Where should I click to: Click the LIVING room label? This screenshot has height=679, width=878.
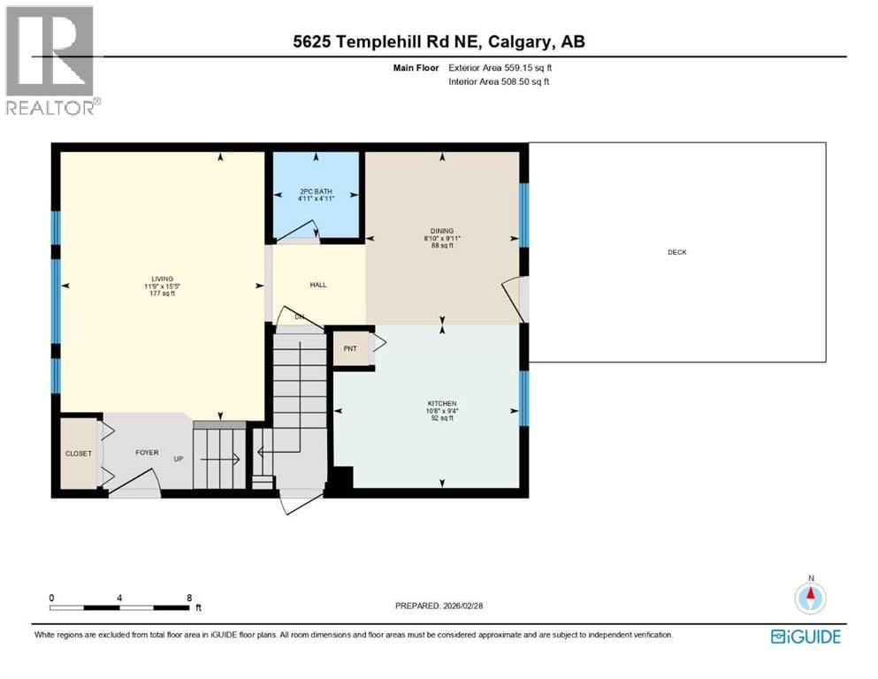pos(162,278)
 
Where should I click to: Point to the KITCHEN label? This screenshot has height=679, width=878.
pos(442,403)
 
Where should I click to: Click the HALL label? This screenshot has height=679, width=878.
pos(318,286)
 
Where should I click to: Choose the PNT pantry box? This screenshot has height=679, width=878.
pos(350,348)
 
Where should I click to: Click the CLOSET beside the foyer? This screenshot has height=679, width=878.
pos(78,454)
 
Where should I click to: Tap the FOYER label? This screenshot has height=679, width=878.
pos(147,453)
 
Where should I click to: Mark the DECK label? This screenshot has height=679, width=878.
pos(677,253)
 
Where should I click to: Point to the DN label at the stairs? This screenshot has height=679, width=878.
pos(299,317)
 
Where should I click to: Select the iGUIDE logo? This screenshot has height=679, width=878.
pos(805,637)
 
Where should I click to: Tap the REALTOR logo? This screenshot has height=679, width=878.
pos(52,62)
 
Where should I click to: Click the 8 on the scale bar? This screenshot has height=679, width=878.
pos(188,598)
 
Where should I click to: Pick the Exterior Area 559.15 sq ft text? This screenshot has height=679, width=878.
pos(501,67)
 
